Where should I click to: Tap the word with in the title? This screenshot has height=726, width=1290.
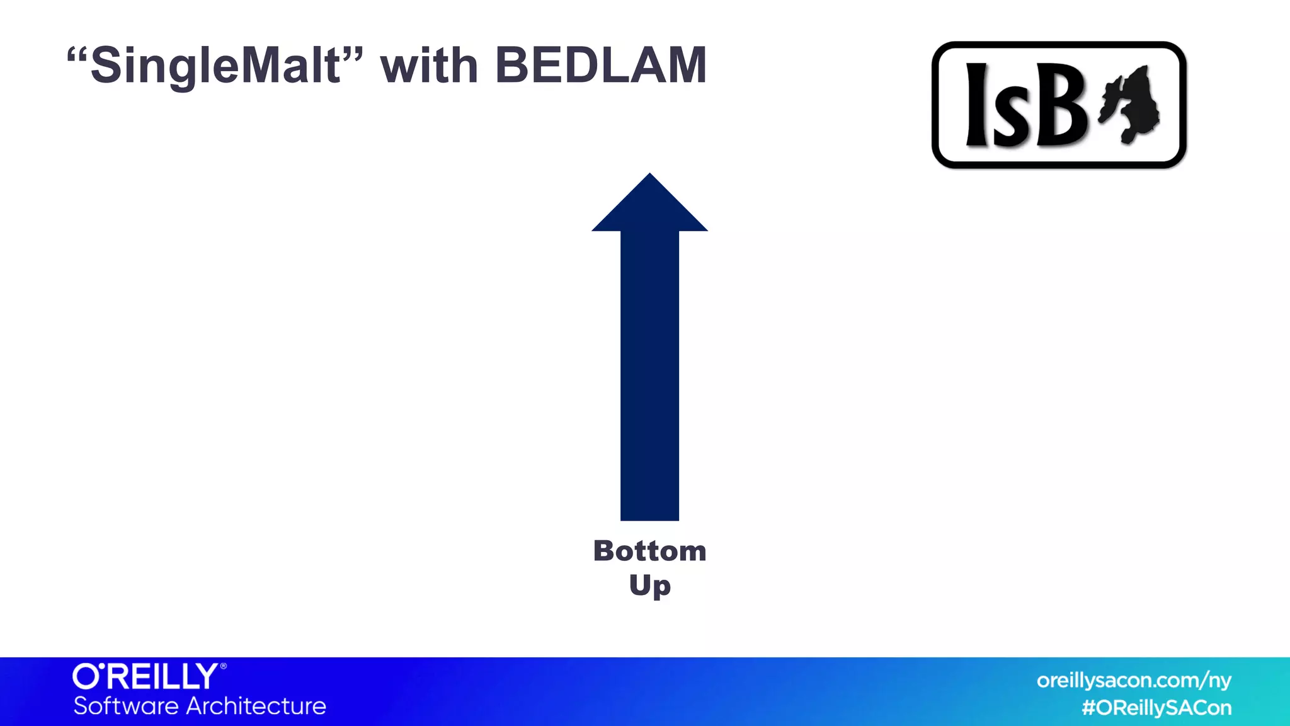coord(429,66)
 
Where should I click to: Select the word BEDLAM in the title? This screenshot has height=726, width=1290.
coord(601,66)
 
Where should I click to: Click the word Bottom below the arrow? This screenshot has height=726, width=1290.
coord(649,551)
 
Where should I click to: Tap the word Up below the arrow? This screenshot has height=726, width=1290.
coord(649,585)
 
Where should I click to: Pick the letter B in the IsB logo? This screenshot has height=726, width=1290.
coord(1059,105)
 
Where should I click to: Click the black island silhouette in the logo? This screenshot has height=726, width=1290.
coord(1132,104)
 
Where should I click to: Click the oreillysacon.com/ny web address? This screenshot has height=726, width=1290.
coord(1134,681)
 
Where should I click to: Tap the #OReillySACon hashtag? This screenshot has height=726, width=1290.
coord(1156,708)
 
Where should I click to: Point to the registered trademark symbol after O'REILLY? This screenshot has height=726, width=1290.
coord(223,666)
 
